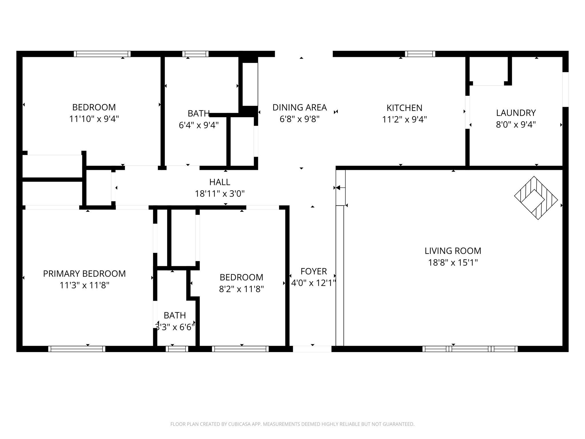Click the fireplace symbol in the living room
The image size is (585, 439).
tap(536, 198)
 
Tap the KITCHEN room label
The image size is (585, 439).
tap(404, 108)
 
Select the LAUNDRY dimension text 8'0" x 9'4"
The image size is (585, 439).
tap(516, 125)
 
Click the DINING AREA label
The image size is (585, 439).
tap(299, 107)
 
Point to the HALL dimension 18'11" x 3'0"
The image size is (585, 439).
tap(220, 194)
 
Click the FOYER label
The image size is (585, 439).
tap(313, 271)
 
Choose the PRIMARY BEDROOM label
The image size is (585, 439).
tap(84, 274)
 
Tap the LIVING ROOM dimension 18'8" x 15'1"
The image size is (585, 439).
tap(453, 262)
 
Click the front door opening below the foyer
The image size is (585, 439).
tap(312, 349)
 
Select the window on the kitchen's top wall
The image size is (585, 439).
tap(420, 54)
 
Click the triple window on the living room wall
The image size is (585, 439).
tap(470, 349)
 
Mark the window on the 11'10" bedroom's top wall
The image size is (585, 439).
tap(102, 54)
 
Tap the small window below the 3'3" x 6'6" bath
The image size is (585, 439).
tap(177, 349)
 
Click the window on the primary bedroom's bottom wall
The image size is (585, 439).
tap(77, 349)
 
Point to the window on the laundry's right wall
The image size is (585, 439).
tap(565, 89)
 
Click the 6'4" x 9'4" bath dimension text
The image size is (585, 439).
tap(199, 125)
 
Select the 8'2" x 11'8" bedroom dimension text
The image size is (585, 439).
tap(241, 289)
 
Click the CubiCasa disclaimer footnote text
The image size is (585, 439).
tap(292, 424)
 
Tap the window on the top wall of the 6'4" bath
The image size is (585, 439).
tap(195, 54)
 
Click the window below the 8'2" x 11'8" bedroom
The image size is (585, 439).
tap(240, 349)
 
